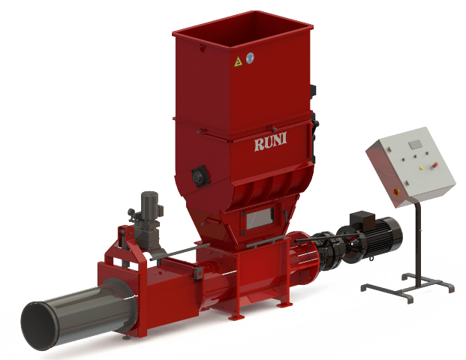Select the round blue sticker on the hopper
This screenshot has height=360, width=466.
[x=251, y=57]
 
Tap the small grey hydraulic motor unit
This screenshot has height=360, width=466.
[x=149, y=210]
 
